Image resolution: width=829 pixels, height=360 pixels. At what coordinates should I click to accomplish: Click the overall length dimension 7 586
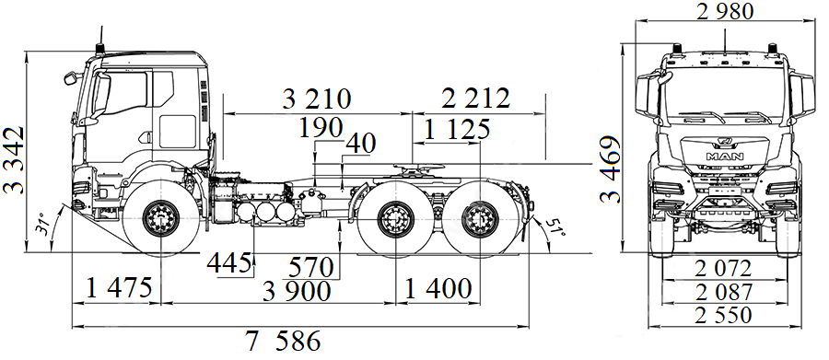pos(283,343)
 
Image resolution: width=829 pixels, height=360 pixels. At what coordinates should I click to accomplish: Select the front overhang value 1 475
pos(119,289)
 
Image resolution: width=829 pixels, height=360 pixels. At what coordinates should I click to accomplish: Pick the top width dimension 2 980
pos(725,12)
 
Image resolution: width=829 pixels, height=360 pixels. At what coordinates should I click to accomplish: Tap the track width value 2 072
pos(724,269)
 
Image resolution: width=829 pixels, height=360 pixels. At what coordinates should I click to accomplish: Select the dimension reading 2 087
pos(724,292)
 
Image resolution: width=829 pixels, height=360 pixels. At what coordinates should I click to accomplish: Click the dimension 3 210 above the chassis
pos(317,99)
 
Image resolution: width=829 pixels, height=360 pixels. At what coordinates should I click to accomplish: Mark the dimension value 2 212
pos(475,99)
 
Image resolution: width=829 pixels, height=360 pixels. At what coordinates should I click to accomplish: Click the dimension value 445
pos(229,263)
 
